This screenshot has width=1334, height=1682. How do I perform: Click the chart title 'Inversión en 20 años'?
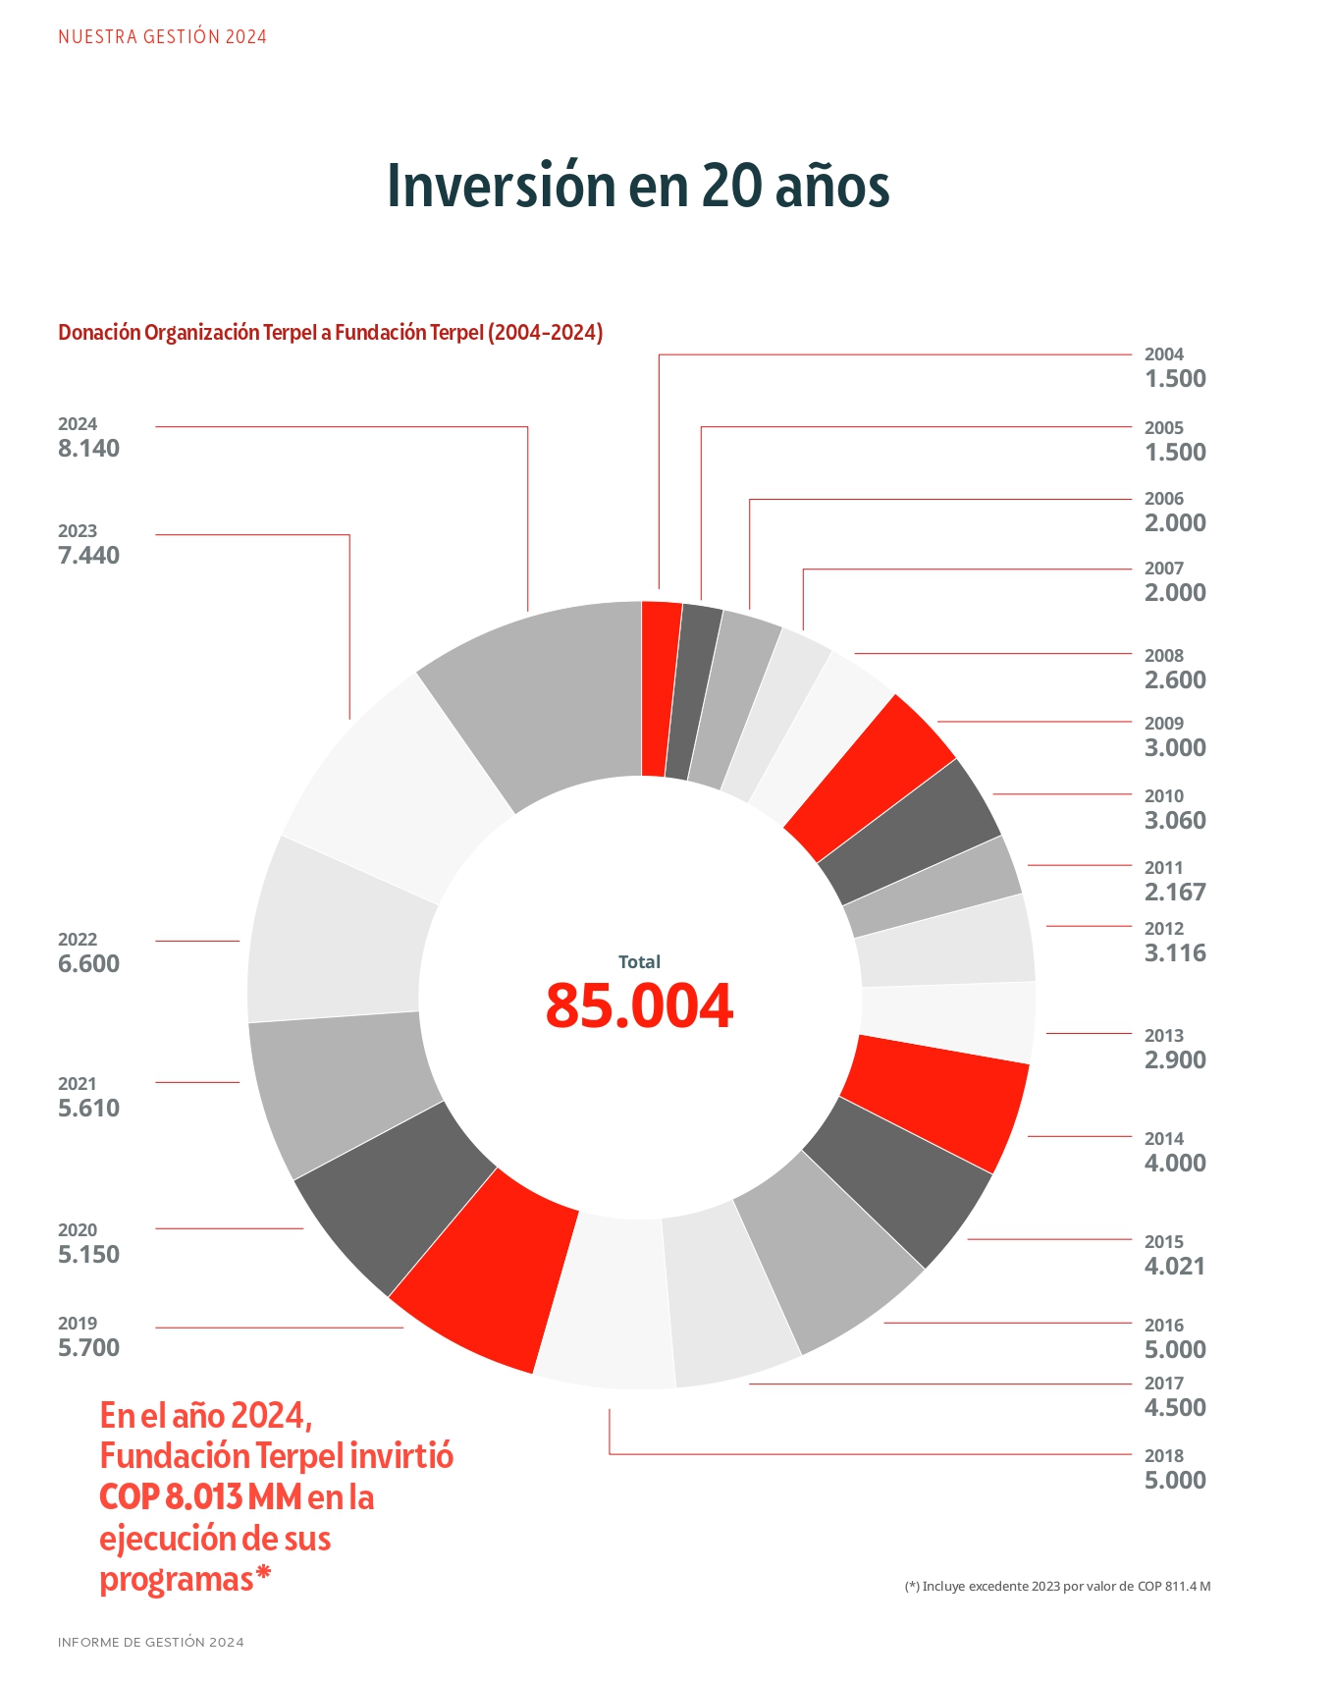point(638,186)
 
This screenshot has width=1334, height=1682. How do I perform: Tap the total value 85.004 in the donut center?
point(639,1005)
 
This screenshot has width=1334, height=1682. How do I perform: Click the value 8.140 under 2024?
point(88,449)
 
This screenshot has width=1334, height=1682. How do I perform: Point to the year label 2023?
point(78,531)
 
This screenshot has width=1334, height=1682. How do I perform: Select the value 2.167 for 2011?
point(1175,892)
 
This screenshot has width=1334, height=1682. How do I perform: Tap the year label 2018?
point(1164,1455)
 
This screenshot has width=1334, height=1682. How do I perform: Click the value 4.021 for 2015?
point(1175,1266)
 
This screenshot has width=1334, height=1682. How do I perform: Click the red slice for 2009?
point(869,776)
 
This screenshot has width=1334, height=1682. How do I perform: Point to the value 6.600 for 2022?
point(88,963)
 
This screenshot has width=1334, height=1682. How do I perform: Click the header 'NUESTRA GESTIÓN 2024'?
point(162,37)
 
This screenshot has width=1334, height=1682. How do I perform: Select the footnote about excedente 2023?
point(1057,1586)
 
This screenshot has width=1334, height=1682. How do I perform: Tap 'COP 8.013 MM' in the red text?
point(200,1497)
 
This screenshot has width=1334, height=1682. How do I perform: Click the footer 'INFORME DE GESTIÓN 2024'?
point(151,1642)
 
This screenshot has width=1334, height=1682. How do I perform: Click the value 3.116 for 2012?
point(1175,952)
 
